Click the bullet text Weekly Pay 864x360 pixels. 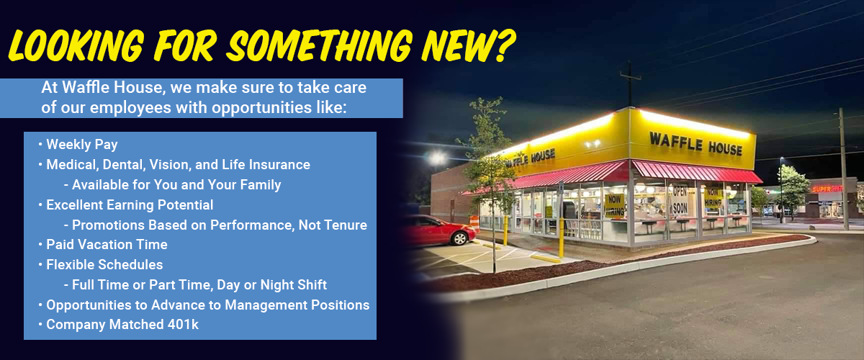82,145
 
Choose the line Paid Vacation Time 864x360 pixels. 107,245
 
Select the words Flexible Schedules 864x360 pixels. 104,265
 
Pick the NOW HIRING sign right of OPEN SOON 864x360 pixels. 714,198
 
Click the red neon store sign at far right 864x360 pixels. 827,189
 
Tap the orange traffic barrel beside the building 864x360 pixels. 474,221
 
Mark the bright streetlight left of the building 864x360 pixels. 436,157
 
